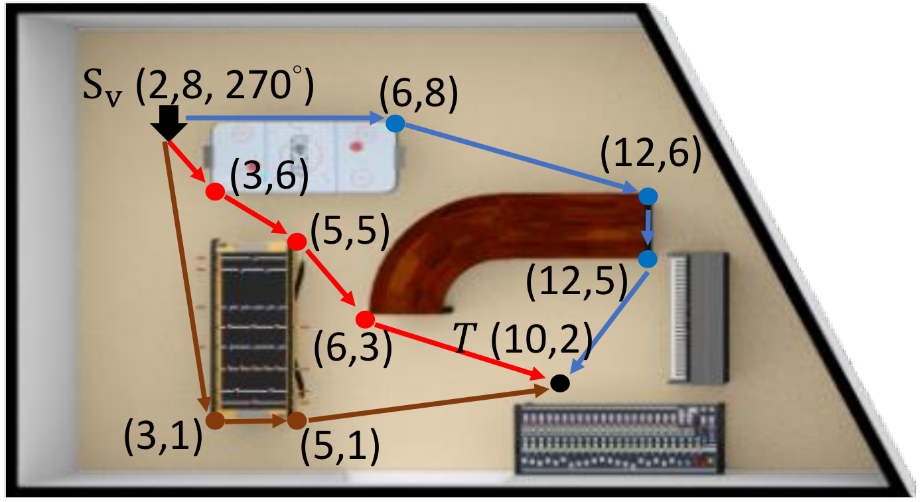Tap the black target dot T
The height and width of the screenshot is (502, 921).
coord(559,383)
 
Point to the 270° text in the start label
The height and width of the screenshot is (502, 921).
coord(264,84)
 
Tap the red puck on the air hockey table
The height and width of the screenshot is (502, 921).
coord(356,146)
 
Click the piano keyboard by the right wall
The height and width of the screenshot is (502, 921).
coord(698,317)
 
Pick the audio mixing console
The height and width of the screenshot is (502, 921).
coord(620,439)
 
